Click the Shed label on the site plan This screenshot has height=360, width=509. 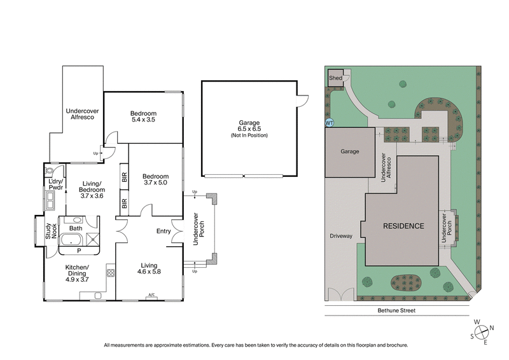335,78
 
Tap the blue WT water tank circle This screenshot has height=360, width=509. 330,123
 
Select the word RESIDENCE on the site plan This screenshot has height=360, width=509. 403,226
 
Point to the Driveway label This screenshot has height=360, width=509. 341,236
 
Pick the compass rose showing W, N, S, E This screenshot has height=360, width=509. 483,329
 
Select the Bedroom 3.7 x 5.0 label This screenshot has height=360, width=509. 155,180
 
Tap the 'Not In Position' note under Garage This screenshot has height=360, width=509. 249,135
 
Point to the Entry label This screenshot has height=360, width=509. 163,231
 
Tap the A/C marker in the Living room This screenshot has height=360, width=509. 151,294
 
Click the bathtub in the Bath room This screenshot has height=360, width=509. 70,240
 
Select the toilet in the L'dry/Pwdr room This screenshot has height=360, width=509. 50,172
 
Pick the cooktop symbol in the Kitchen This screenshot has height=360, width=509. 110,273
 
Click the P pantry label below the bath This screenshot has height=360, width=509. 78,250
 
